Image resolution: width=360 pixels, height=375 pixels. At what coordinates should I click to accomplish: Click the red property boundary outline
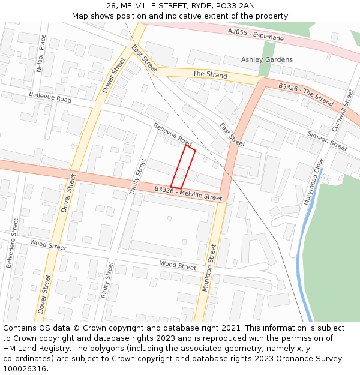pos(184,167)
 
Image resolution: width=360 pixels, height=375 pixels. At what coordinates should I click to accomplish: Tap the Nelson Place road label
pos(41,53)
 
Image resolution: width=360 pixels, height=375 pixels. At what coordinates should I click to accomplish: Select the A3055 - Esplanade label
pos(256,34)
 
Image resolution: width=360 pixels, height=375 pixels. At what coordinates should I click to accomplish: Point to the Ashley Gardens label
pos(267,59)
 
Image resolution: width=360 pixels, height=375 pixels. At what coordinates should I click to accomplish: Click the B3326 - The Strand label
pos(305,94)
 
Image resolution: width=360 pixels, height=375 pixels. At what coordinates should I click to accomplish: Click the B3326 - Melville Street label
pos(188,193)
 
